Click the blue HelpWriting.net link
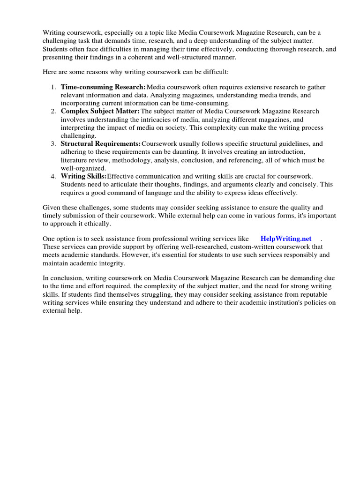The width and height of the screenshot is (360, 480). [286, 239]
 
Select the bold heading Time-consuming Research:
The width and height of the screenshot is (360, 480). [103, 87]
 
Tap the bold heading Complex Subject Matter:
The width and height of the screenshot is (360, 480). [100, 111]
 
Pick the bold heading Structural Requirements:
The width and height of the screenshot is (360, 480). [100, 143]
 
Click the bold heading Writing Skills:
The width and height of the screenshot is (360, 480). [83, 176]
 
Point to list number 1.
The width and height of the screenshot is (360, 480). [53, 87]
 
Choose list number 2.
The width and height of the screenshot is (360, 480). [53, 111]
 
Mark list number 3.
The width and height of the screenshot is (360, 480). [53, 143]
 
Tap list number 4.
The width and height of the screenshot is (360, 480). [53, 176]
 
